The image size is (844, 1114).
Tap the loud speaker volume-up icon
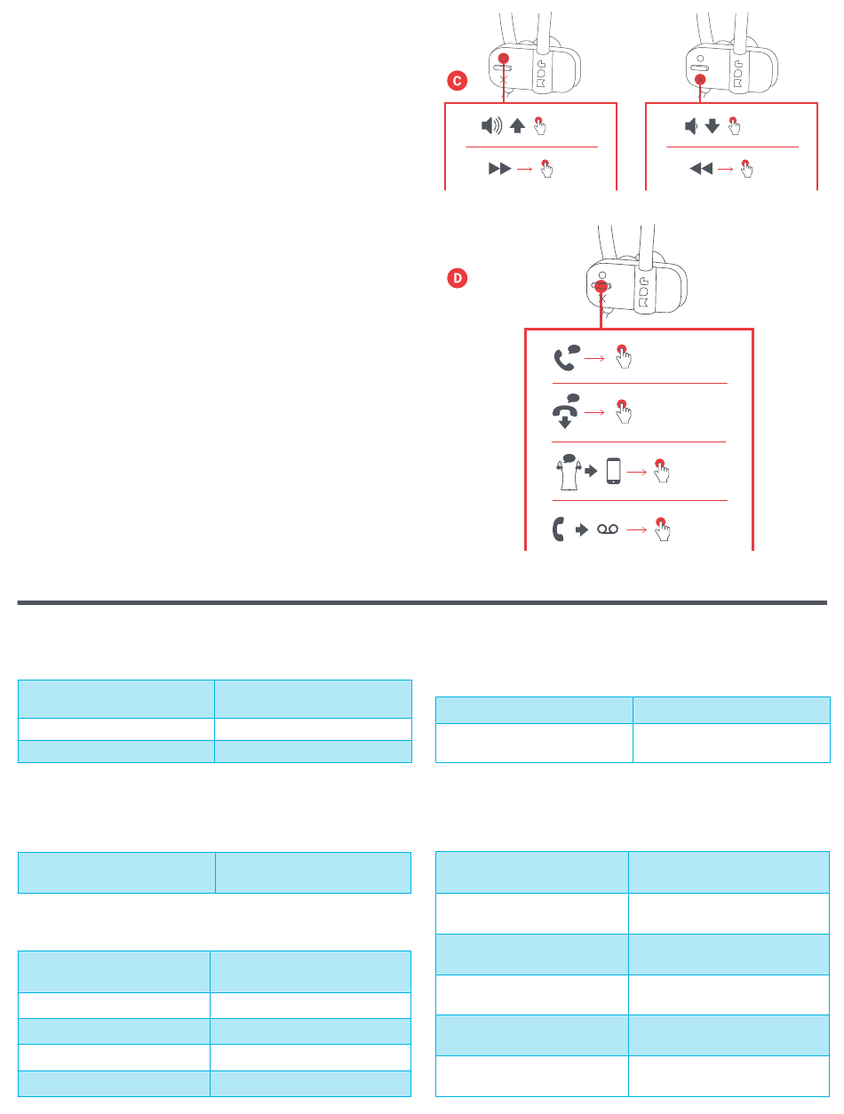click(491, 126)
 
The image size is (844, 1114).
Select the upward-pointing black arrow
click(517, 127)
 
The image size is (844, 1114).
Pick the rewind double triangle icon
click(701, 167)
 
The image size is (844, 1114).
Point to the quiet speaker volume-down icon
click(690, 126)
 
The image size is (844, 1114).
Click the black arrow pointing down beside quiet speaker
click(711, 127)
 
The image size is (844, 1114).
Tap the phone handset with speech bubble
click(566, 356)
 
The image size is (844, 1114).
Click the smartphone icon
click(613, 471)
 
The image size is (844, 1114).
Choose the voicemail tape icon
click(607, 529)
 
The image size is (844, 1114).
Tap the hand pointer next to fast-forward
click(545, 168)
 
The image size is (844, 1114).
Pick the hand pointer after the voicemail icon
click(660, 529)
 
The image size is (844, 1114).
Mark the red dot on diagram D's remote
click(601, 288)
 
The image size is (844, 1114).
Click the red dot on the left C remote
click(504, 59)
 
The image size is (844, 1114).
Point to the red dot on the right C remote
click(700, 79)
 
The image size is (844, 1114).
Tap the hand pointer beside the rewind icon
click(745, 168)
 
